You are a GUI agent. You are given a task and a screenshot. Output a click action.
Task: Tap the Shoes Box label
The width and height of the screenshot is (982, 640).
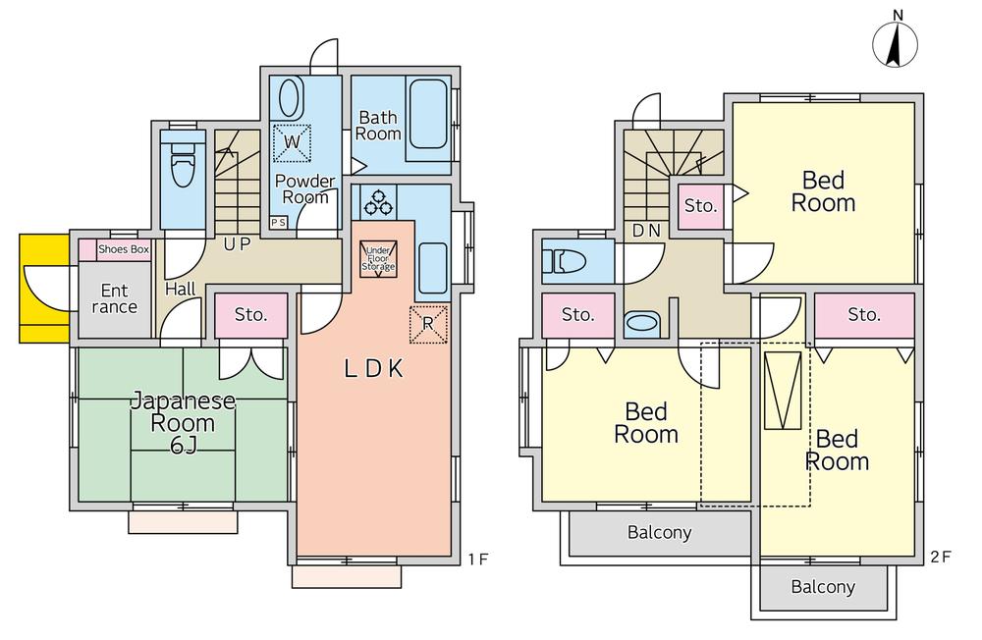124,249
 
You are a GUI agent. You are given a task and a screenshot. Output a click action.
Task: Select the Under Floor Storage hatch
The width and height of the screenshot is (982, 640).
378,258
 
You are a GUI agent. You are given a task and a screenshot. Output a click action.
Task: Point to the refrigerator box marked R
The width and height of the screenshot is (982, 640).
428,324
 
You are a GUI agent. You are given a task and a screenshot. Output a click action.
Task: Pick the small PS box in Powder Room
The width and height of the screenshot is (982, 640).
278,222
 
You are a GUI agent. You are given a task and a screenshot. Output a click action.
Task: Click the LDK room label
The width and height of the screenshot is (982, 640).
373,369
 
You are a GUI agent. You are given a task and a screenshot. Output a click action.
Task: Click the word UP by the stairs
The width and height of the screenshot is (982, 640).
236,244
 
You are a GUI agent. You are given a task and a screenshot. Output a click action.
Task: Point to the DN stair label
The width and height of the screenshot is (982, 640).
645,231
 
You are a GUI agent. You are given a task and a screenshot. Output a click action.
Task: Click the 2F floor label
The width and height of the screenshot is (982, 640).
940,558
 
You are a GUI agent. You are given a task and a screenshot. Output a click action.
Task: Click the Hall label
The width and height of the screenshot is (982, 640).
180,290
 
